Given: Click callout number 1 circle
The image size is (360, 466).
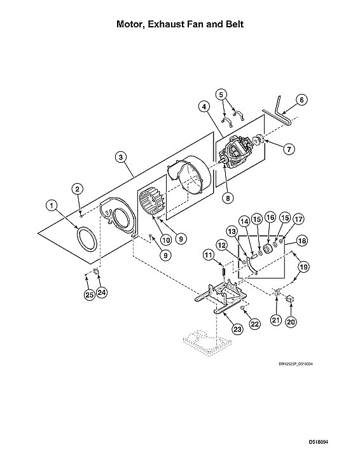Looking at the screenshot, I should pos(51,205).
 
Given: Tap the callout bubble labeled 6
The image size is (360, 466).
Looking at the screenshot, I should pos(302,99).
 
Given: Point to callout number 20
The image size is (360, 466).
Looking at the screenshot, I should pos(291,322).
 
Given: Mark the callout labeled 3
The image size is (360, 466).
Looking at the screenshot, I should pos(120,157).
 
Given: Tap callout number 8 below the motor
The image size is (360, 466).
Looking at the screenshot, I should pos(226,197).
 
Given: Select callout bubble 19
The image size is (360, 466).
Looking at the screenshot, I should pos(305,268).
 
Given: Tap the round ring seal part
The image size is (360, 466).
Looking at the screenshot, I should pos(86,242).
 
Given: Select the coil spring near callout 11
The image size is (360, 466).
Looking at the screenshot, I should pos(226,272).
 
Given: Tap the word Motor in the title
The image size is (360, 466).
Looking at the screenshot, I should pos(133,24).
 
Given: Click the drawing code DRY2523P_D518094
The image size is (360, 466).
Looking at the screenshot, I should pos(296,364).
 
